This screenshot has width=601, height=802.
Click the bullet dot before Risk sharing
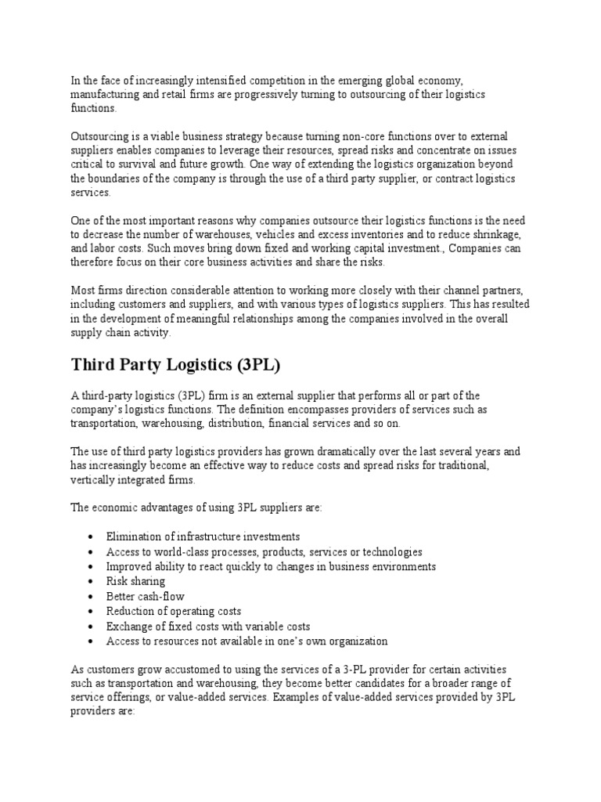92,582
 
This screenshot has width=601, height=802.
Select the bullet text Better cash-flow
145,597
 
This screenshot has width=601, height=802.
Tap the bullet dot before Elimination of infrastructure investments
92,537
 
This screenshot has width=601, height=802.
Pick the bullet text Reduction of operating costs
173,612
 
